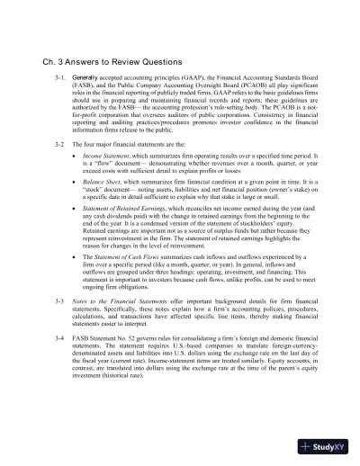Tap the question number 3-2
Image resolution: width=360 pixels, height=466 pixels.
point(58,143)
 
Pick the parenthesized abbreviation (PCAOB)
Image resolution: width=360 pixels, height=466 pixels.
point(245,87)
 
